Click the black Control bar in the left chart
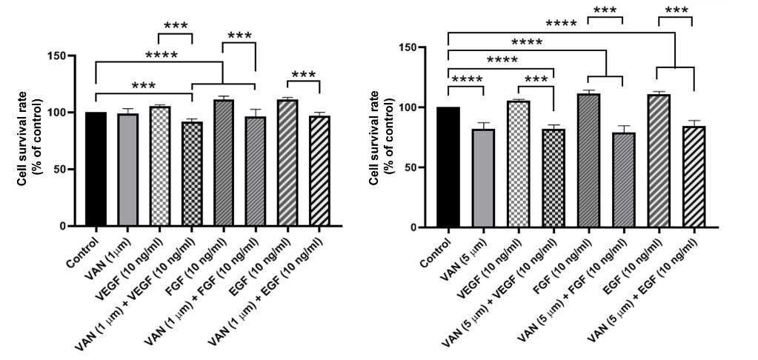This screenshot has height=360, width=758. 96,169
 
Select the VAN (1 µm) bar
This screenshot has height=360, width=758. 127,170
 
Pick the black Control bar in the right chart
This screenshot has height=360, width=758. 448,167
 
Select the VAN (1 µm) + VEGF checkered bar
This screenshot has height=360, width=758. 192,173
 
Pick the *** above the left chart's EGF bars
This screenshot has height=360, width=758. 303,75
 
